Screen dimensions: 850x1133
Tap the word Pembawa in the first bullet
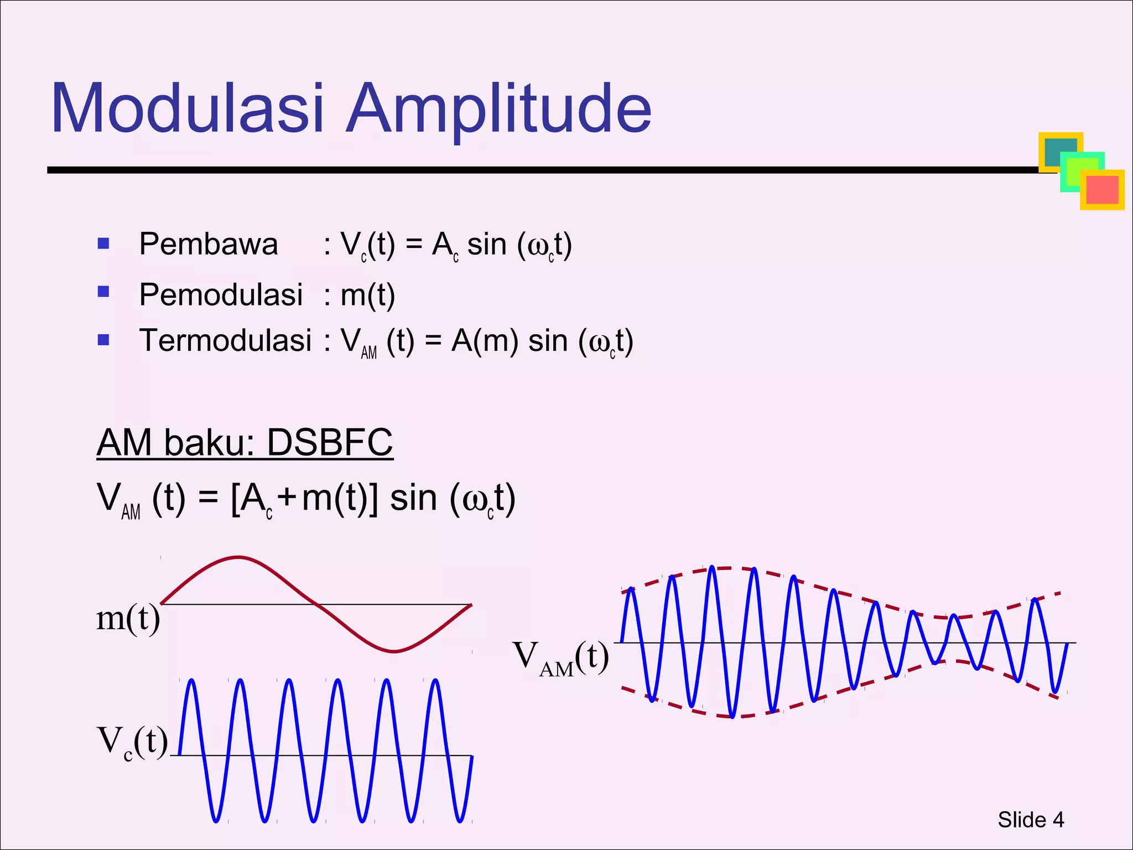[209, 244]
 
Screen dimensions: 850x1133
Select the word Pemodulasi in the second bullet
[221, 294]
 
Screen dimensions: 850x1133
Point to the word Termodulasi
[225, 340]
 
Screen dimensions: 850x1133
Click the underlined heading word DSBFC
[330, 443]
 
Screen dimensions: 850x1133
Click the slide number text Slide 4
[1031, 820]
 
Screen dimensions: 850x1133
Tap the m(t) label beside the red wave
[128, 618]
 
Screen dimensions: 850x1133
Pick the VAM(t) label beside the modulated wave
[560, 658]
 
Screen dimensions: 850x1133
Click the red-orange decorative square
[1103, 190]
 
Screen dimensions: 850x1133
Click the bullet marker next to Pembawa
[103, 243]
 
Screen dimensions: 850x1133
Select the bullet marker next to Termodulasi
[103, 340]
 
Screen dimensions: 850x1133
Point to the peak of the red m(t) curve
[238, 557]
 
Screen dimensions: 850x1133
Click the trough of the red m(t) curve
[393, 651]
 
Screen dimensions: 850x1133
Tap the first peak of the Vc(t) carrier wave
[191, 680]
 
